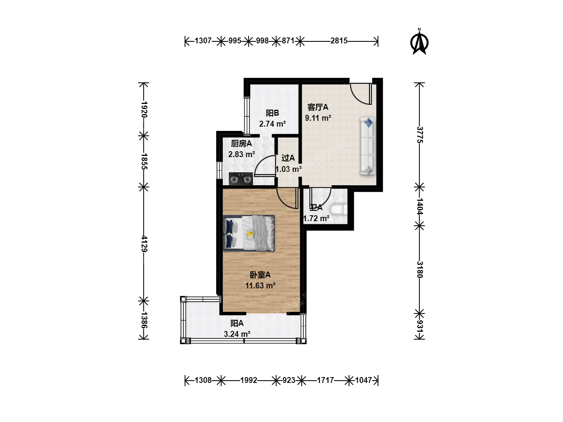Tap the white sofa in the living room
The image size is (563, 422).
pos(368,146)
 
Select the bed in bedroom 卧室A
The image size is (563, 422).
pos(249,233)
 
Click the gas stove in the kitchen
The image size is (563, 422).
pos(240,179)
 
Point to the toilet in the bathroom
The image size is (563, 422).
pos(339,209)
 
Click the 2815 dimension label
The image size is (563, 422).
pos(339,41)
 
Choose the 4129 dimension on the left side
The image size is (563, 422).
pos(144,244)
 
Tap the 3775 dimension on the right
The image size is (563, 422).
pos(420,134)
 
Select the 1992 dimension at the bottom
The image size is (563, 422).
pos(249,380)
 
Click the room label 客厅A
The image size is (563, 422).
pos(318,107)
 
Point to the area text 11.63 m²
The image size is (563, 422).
pos(260,285)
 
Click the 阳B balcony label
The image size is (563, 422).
pos(272,113)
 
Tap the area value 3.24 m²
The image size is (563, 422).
pos(237,334)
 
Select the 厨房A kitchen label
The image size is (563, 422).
pos(241,143)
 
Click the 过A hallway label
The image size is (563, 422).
pos(288,158)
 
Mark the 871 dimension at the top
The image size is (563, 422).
pos(288,41)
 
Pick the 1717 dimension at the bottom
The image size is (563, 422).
pos(325,380)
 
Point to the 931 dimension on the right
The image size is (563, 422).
pos(420,326)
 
